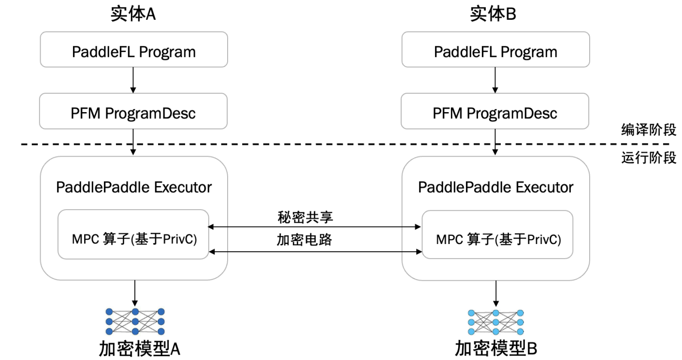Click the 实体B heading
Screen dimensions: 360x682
493,14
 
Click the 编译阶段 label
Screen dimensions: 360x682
648,130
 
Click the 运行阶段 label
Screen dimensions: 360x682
648,158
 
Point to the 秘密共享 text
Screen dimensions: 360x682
305,217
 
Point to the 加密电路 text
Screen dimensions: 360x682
305,240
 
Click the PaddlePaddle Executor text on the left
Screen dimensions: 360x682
134,187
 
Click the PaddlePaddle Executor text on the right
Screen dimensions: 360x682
495,187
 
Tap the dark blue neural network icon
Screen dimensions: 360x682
135,321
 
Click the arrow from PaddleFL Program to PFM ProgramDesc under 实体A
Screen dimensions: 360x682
134,80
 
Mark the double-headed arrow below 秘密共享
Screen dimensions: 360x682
314,226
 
